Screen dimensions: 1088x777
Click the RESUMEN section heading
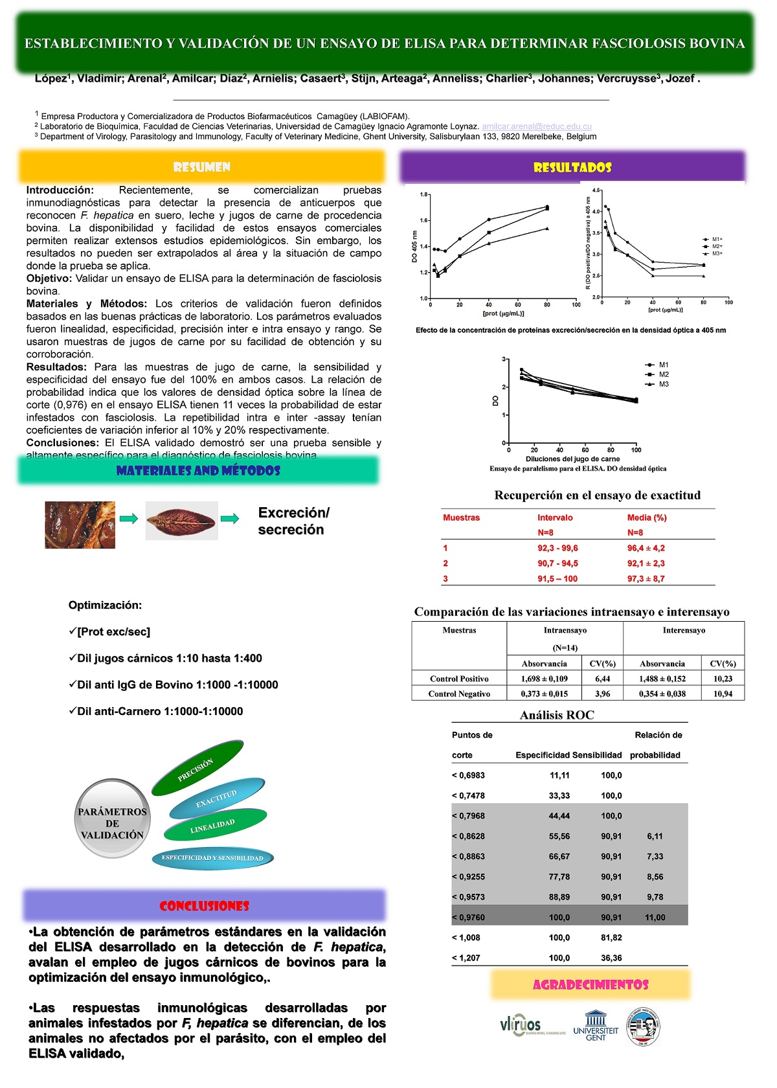click(201, 167)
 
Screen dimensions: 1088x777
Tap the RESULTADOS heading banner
click(572, 167)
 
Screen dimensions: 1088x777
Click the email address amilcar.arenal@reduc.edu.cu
click(537, 126)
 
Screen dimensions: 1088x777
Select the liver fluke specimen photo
click(181, 520)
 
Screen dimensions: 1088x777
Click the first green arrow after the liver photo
click(129, 519)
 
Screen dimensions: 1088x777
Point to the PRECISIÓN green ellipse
click(197, 769)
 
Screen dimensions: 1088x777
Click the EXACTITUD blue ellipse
click(217, 799)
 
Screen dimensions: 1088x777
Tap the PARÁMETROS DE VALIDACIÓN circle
click(113, 823)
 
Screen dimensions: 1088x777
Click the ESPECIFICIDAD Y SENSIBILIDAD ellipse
click(212, 858)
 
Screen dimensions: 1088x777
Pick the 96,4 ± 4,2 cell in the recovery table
click(646, 548)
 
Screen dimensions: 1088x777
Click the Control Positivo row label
click(459, 679)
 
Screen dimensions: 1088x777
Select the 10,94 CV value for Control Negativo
click(723, 694)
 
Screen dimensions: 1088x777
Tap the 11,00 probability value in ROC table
click(655, 917)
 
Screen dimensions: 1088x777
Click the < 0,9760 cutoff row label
click(468, 917)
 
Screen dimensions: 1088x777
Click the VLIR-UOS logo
click(522, 1025)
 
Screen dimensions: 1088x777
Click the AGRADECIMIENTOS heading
click(591, 984)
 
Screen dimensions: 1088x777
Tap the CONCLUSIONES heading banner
click(204, 905)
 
